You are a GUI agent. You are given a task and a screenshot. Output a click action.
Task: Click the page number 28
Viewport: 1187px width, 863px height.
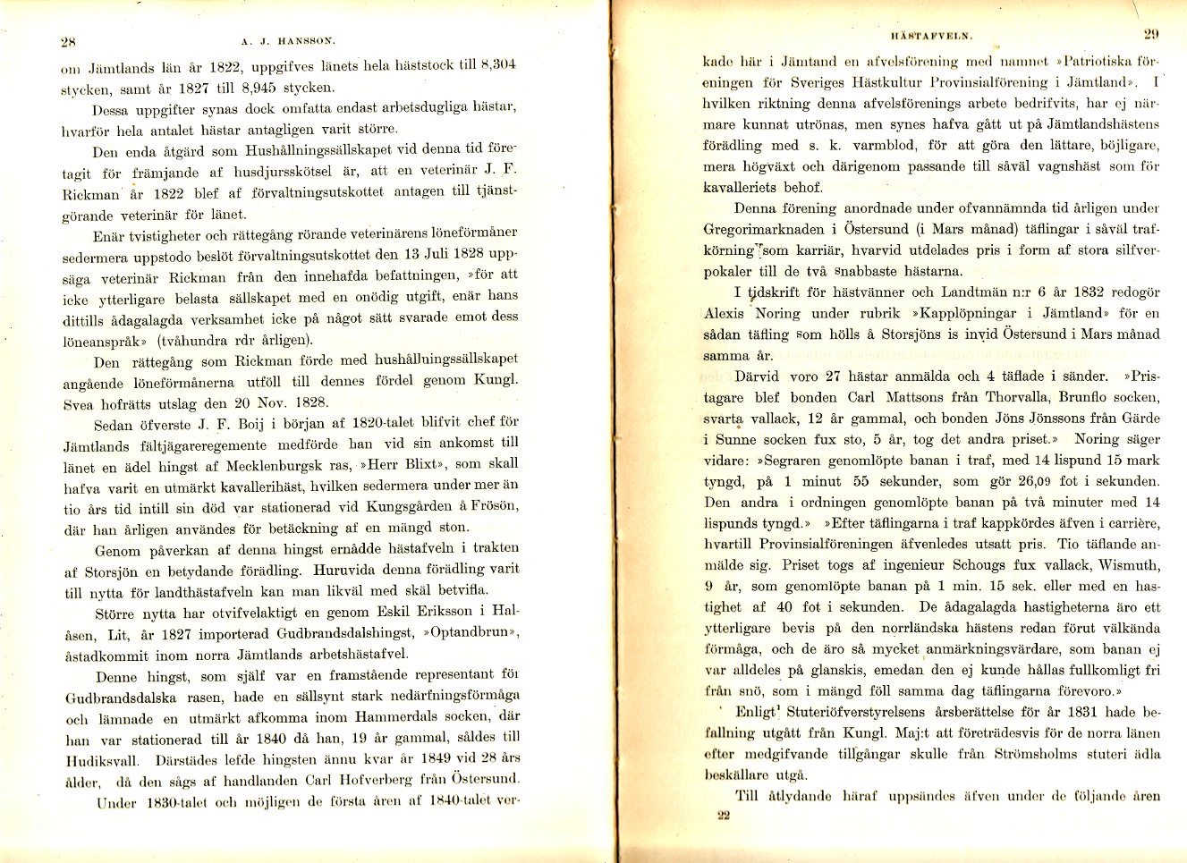[x=68, y=40]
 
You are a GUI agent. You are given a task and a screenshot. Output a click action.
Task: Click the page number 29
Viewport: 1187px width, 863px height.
[x=1150, y=35]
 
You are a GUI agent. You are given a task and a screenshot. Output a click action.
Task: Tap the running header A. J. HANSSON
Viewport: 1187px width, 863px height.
[x=288, y=40]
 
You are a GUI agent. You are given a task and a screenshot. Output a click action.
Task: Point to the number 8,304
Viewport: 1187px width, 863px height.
[x=498, y=64]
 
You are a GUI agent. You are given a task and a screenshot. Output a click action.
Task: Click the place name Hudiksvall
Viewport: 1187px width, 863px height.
[x=105, y=759]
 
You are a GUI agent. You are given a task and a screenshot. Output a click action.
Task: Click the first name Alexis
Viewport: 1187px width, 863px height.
[x=724, y=313]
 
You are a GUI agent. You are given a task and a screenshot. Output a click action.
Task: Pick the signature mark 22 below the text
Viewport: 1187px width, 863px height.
[x=724, y=816]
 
